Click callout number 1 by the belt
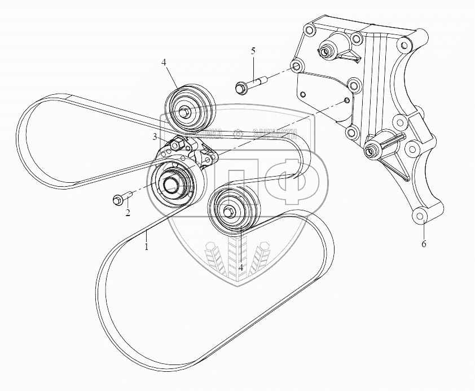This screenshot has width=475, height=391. coord(147,247)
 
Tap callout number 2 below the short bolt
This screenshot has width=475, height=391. coord(128,213)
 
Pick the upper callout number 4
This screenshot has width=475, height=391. coord(164,63)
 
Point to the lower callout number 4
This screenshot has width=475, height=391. coord(241,267)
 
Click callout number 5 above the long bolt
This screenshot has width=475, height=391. coord(253,51)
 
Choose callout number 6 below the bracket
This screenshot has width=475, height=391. coord(424,244)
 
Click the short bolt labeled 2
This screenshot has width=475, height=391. coord(121,199)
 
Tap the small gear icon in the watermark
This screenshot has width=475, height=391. coord(239,134)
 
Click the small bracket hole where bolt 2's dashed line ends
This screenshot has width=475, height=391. coord(345,100)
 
